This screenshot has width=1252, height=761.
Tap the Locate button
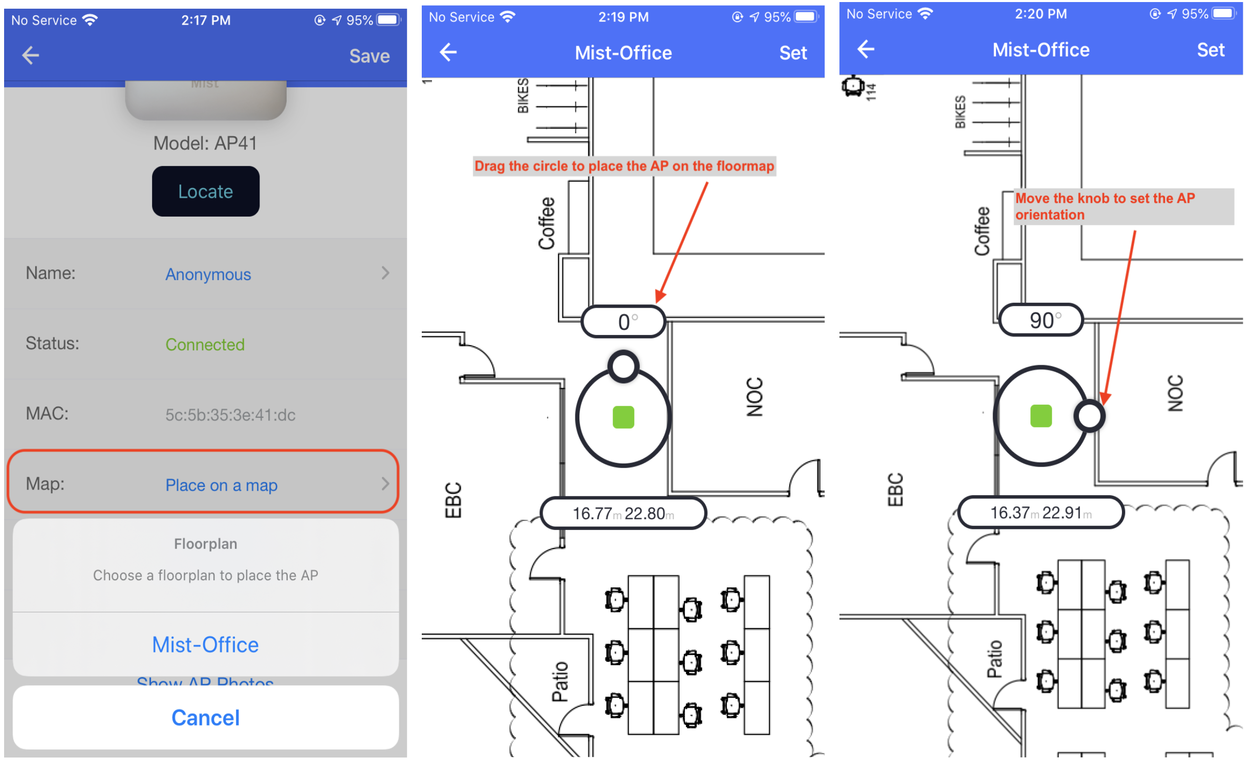205,191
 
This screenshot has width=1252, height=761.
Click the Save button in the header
369,56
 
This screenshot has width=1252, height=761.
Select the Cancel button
205,717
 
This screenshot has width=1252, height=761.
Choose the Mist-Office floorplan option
205,644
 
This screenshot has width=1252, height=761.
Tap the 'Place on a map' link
221,484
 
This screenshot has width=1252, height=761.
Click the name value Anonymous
208,274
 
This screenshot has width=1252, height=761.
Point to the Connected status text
205,344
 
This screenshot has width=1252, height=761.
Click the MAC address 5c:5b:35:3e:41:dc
230,414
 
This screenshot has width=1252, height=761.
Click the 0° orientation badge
623,322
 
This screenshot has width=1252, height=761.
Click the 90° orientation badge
1041,321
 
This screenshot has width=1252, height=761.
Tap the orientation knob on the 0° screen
623,366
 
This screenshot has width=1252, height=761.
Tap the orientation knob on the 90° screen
1089,416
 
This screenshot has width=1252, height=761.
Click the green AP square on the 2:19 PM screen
623,417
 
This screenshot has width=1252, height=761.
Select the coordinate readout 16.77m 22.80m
623,513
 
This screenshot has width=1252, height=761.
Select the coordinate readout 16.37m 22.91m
1041,512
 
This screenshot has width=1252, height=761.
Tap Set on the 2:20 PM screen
1210,50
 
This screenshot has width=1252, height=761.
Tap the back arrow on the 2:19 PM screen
448,52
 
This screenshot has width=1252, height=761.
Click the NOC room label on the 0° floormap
754,396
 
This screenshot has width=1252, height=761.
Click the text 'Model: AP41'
205,143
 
